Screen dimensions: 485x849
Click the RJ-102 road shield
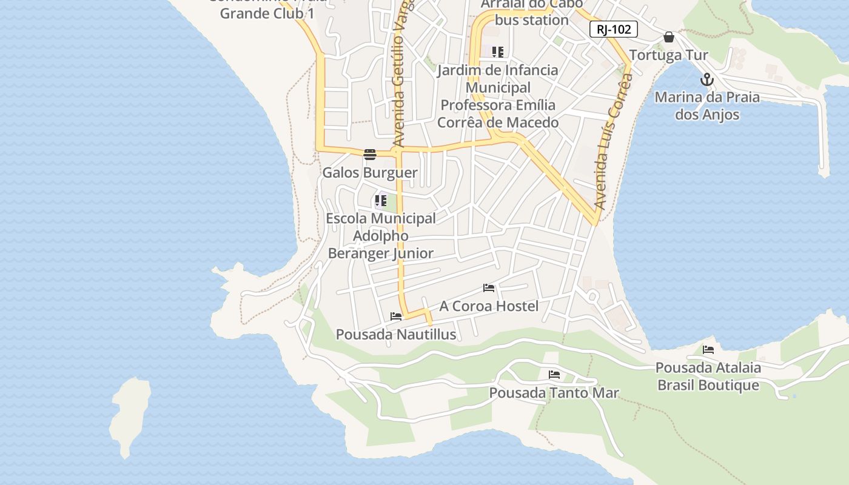[614, 29]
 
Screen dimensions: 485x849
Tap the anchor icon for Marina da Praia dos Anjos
[707, 79]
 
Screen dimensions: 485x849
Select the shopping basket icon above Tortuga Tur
[669, 37]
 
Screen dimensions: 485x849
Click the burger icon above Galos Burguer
[370, 154]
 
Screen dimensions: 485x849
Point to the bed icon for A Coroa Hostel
[489, 288]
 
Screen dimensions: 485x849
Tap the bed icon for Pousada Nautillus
[396, 316]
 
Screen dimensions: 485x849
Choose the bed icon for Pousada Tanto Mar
[554, 375]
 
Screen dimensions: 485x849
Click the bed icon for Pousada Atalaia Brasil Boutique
[708, 350]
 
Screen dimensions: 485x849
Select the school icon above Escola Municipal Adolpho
[381, 200]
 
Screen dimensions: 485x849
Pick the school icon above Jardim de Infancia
[498, 52]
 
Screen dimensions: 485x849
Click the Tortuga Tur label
[668, 55]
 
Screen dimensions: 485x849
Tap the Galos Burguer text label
[370, 173]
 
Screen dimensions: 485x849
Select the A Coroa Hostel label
[489, 306]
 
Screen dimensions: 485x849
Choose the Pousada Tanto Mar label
[554, 393]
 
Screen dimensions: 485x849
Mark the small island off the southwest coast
[130, 415]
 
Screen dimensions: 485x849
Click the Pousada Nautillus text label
[396, 335]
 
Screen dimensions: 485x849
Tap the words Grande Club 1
[267, 13]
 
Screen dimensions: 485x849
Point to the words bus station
[532, 20]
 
